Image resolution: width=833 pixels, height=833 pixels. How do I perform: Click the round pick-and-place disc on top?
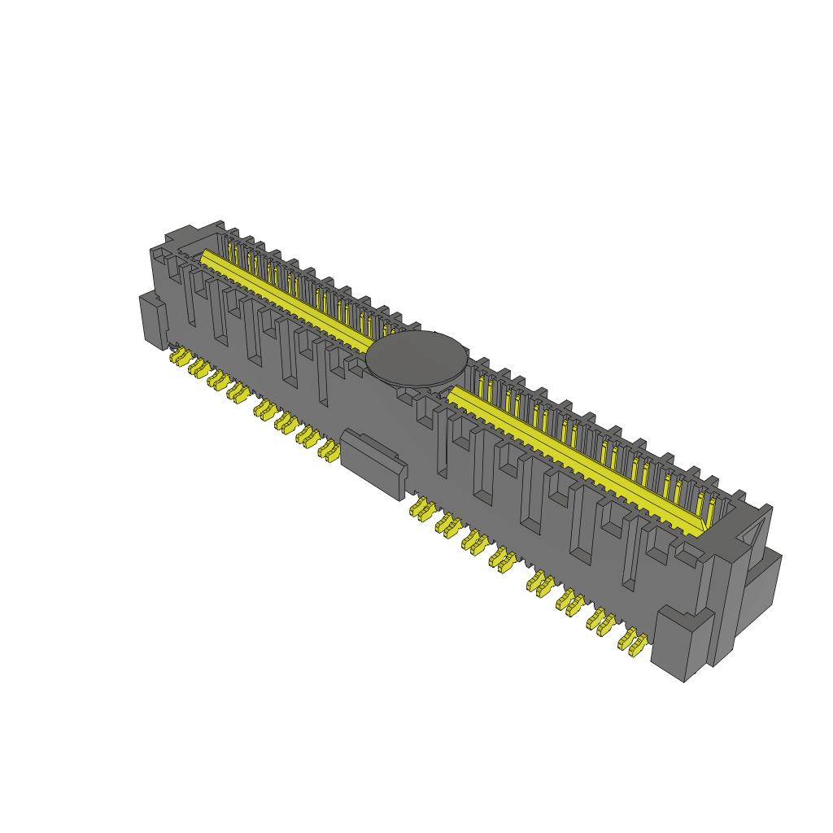pyautogui.click(x=417, y=358)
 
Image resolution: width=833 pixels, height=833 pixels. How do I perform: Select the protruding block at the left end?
pyautogui.click(x=152, y=321)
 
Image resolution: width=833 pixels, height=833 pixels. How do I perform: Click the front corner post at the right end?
pyautogui.click(x=682, y=643)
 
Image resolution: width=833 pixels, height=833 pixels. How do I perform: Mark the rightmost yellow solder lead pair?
pyautogui.click(x=633, y=641)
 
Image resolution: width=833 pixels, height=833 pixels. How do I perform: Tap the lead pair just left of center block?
pyautogui.click(x=328, y=450)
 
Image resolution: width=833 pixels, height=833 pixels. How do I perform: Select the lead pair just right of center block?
pyautogui.click(x=422, y=509)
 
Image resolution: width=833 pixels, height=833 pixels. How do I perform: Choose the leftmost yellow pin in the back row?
pyautogui.click(x=230, y=248)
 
